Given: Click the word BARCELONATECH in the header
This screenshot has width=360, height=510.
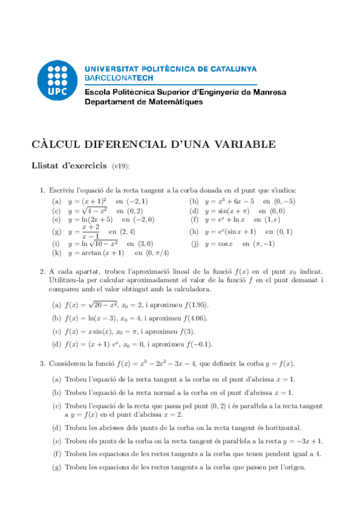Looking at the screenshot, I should pyautogui.click(x=119, y=78).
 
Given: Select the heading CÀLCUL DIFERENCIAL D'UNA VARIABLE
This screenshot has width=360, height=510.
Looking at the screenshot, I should pyautogui.click(x=153, y=144).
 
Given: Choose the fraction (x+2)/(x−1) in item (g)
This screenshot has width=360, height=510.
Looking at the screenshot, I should pyautogui.click(x=91, y=232).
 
